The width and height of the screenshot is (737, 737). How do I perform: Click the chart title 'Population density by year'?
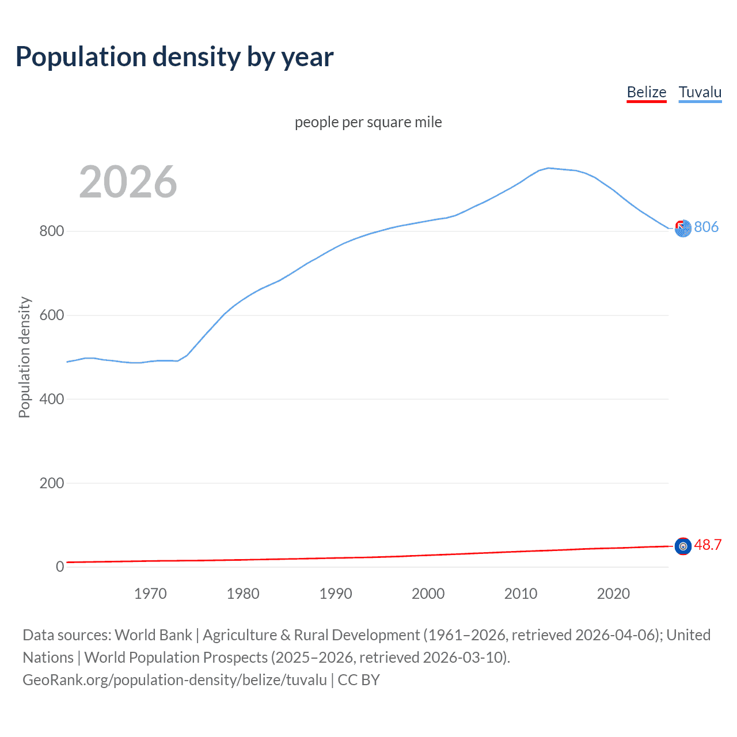point(174,57)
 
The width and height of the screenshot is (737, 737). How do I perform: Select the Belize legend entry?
point(646,92)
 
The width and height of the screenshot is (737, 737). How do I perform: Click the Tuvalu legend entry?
point(700,92)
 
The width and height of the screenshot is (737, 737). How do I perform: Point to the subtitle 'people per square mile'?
point(368,122)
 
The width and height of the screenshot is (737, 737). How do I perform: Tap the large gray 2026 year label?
point(128,182)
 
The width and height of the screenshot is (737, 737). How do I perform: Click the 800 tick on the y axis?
point(51,231)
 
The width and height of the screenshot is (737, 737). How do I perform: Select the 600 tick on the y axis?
point(51,316)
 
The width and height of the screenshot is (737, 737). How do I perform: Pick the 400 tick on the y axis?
point(51,399)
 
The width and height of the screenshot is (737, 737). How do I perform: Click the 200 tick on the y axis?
point(51,483)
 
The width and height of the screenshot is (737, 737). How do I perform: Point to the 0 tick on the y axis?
point(60,567)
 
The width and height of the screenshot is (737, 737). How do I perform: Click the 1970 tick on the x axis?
point(150,594)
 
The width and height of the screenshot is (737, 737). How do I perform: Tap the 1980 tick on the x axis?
point(243,594)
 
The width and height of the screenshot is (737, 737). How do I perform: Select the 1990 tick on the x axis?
point(336,594)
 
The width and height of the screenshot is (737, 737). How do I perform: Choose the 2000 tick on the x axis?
point(428,594)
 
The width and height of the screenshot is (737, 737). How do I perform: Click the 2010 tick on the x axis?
point(521,594)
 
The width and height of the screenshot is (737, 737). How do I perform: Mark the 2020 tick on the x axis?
point(613,594)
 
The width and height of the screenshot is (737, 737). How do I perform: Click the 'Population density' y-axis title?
point(24,357)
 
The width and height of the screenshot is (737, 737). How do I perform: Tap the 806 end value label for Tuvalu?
point(706,227)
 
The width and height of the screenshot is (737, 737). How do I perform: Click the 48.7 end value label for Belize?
point(708,545)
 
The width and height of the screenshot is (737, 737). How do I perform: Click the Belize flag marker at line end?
point(683,546)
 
